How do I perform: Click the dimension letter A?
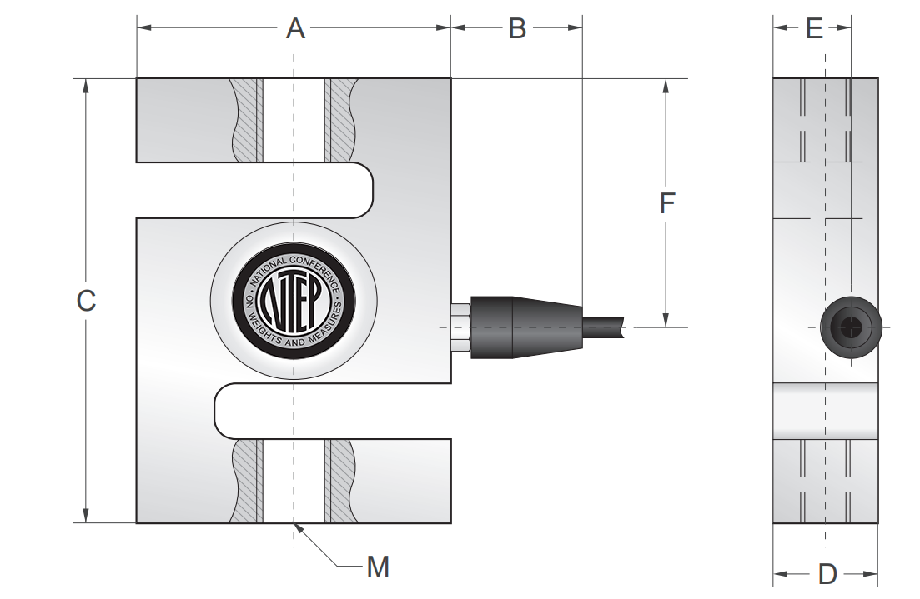pyautogui.click(x=295, y=28)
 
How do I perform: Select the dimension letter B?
pyautogui.click(x=517, y=28)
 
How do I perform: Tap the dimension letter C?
pyautogui.click(x=86, y=301)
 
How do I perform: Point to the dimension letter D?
pyautogui.click(x=827, y=574)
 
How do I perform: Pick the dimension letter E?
pyautogui.click(x=815, y=29)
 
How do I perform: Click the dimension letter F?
pyautogui.click(x=666, y=203)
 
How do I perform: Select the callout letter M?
pyautogui.click(x=378, y=567)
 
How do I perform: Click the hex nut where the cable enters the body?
pyautogui.click(x=460, y=327)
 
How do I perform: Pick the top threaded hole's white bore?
pyautogui.click(x=294, y=120)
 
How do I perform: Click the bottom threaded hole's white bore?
pyautogui.click(x=294, y=481)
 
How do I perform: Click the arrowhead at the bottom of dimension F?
pyautogui.click(x=666, y=321)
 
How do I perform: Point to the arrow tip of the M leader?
pyautogui.click(x=296, y=526)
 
